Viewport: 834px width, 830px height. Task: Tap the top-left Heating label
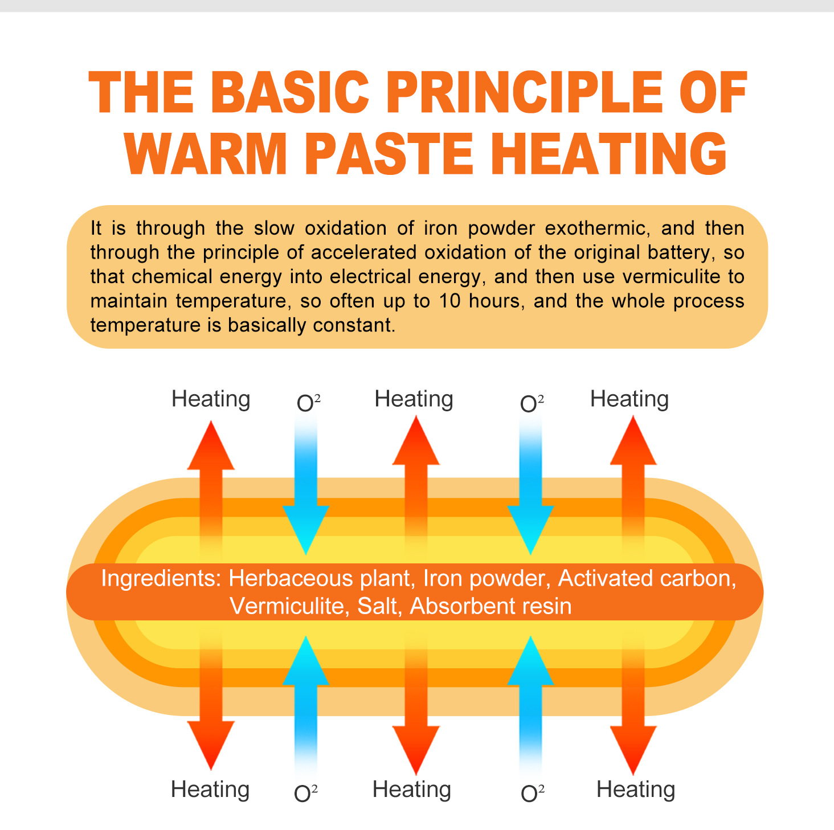click(x=211, y=399)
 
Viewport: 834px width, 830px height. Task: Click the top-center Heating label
click(x=414, y=399)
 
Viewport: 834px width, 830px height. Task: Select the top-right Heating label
click(x=629, y=399)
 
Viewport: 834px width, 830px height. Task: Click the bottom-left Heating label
click(x=210, y=790)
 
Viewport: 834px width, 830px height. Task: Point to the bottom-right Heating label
click(x=636, y=790)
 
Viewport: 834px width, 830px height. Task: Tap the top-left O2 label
click(x=308, y=403)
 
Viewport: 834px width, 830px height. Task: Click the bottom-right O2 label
click(x=532, y=794)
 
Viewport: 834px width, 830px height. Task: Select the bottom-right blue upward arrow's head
click(x=530, y=661)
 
